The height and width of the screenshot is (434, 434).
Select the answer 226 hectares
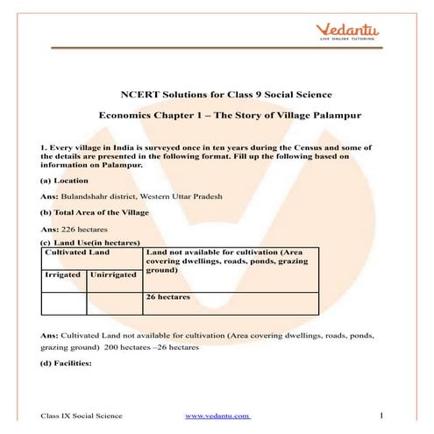click(x=89, y=230)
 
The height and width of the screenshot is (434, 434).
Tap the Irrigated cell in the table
click(x=63, y=274)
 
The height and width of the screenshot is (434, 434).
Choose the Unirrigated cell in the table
click(x=113, y=274)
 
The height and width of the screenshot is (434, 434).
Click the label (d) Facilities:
click(x=68, y=363)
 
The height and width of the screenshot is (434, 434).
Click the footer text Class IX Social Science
click(x=82, y=415)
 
